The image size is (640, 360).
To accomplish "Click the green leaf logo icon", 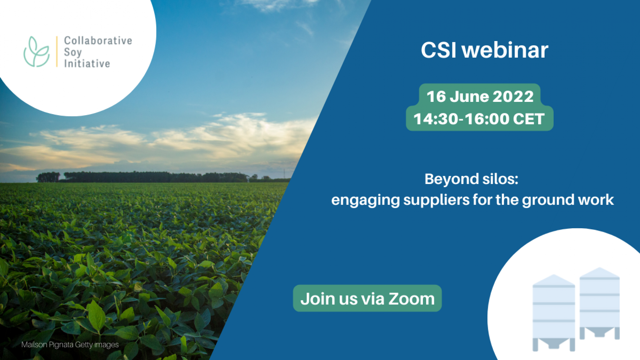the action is coord(36,52).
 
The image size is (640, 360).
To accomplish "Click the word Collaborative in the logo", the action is coord(98,40).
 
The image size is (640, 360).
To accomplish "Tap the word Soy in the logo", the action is coord(73,53).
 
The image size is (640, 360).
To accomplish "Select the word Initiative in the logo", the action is coord(87,63).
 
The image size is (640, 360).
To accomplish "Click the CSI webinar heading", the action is coord(484,50).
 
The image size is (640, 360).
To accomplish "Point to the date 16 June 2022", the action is coord(480,96).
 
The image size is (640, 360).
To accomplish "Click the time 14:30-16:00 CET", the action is coord(479,119).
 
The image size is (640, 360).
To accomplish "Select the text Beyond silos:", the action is coord(471,179).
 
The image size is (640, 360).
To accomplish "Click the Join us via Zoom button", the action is coord(367,298).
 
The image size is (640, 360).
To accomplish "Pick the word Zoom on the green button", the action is coord(411,299).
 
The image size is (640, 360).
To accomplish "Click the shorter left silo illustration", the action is coord(554,313).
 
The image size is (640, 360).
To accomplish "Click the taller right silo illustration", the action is coord(599,303).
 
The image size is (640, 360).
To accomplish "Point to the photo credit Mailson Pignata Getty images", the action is coord(70,345).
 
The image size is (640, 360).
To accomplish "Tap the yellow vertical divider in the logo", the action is coord(57,51).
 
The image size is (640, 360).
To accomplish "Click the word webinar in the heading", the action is coord(505,50).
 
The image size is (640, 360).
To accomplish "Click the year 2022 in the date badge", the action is coord(513,96).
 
